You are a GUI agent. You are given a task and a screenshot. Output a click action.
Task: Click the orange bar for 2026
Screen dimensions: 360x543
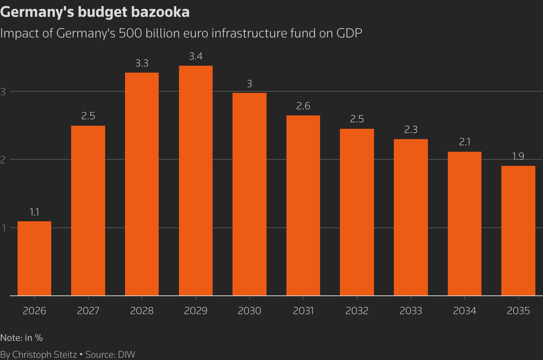(x=34, y=258)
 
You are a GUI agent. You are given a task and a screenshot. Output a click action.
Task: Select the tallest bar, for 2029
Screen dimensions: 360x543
(x=196, y=180)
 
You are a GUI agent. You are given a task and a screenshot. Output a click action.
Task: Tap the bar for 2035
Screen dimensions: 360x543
(x=518, y=230)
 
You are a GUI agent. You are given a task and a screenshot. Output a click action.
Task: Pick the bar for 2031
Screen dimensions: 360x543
(x=303, y=205)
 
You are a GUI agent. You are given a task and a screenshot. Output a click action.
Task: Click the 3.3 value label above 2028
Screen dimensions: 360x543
(x=142, y=63)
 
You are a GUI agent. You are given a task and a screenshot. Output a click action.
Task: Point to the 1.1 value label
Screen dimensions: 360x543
(x=34, y=212)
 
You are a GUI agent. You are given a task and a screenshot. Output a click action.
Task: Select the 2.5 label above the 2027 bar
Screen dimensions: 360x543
(x=88, y=116)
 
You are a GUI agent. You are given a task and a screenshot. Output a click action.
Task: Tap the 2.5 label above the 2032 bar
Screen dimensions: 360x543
(x=357, y=119)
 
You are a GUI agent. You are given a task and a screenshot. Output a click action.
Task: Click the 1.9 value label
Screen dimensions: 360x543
(x=518, y=157)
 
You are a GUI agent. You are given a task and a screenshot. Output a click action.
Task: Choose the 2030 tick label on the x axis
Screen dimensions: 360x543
(x=249, y=311)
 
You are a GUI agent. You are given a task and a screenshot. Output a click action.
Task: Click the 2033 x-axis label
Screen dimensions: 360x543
(x=411, y=311)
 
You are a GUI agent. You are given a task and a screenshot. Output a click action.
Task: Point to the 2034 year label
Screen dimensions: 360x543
(x=465, y=311)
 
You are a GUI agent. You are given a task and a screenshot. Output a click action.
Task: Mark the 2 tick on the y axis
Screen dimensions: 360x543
(x=3, y=160)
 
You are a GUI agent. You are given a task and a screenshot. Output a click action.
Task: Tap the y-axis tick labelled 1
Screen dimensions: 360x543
(x=3, y=228)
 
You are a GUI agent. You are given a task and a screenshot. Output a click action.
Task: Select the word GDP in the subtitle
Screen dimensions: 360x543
(x=349, y=33)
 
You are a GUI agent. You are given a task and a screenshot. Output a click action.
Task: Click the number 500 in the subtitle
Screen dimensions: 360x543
(x=130, y=33)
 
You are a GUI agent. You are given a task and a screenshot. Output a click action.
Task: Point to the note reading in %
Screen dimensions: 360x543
(x=34, y=338)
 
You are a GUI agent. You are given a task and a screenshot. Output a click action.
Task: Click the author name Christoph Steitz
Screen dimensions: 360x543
(x=44, y=355)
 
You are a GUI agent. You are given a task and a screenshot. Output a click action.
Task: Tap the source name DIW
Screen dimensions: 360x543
(x=127, y=355)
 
